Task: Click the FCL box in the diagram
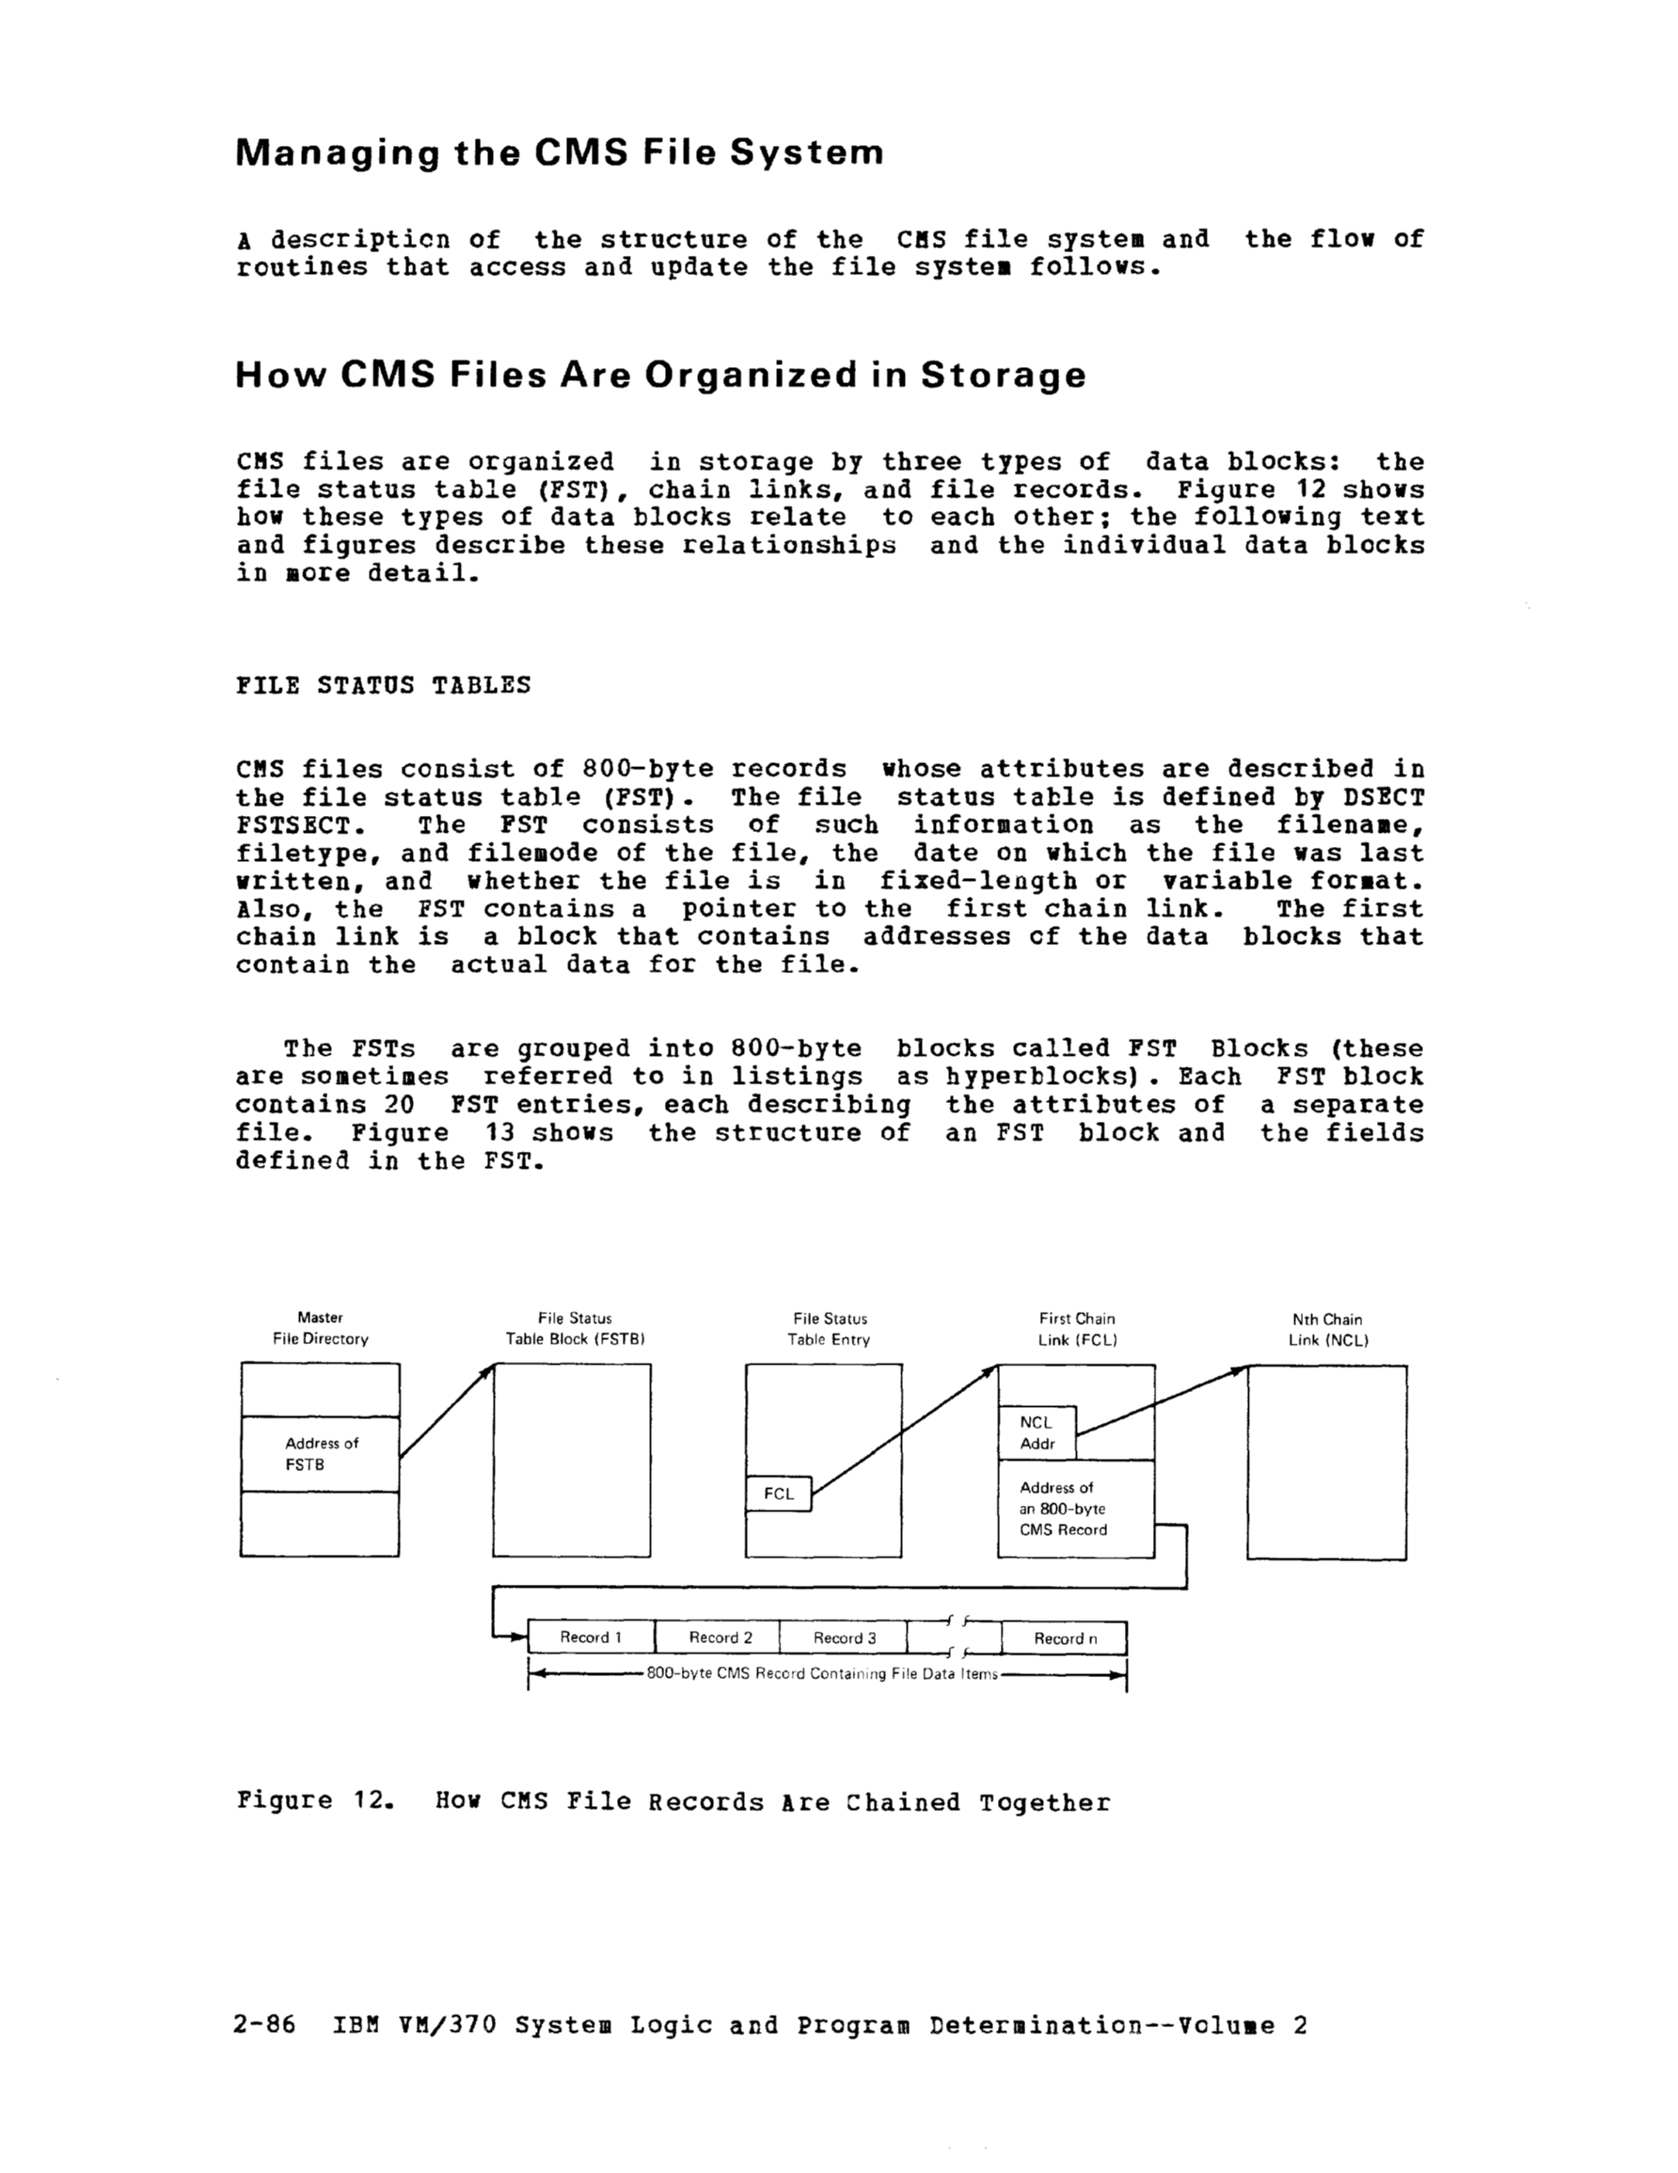[x=779, y=1494]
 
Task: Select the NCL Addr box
[x=1037, y=1432]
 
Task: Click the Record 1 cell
[x=591, y=1637]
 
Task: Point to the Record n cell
[x=1065, y=1638]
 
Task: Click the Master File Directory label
[x=321, y=1328]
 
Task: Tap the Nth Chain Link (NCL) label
[x=1328, y=1329]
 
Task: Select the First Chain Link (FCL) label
[x=1077, y=1329]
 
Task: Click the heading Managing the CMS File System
[x=559, y=152]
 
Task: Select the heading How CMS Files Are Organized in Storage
[x=660, y=375]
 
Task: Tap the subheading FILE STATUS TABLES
[x=383, y=684]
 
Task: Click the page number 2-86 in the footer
[x=264, y=2024]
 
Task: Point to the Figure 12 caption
[x=673, y=1802]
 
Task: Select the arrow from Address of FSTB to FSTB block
[x=447, y=1411]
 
